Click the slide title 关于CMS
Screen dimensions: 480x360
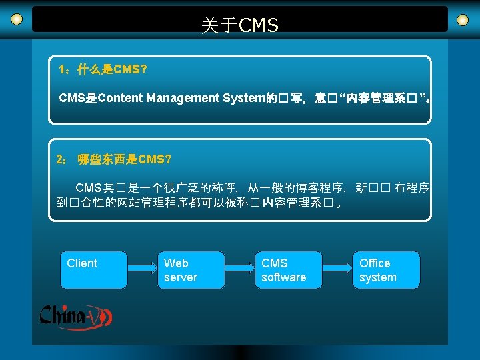coord(240,26)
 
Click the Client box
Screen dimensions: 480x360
coord(94,269)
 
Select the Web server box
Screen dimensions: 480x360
coord(191,269)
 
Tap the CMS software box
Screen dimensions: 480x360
coord(288,269)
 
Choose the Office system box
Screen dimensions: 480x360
coord(386,269)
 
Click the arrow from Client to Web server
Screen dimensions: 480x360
coord(142,269)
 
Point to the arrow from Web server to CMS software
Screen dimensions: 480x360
coord(239,269)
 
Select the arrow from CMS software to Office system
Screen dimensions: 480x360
coord(337,269)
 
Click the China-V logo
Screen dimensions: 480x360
coord(75,316)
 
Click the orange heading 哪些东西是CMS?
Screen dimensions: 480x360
coord(124,159)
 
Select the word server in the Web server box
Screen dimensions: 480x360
coord(181,277)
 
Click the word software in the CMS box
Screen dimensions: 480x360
coord(284,277)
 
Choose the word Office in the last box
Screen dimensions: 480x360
coord(375,263)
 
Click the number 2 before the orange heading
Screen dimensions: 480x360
coord(60,159)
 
